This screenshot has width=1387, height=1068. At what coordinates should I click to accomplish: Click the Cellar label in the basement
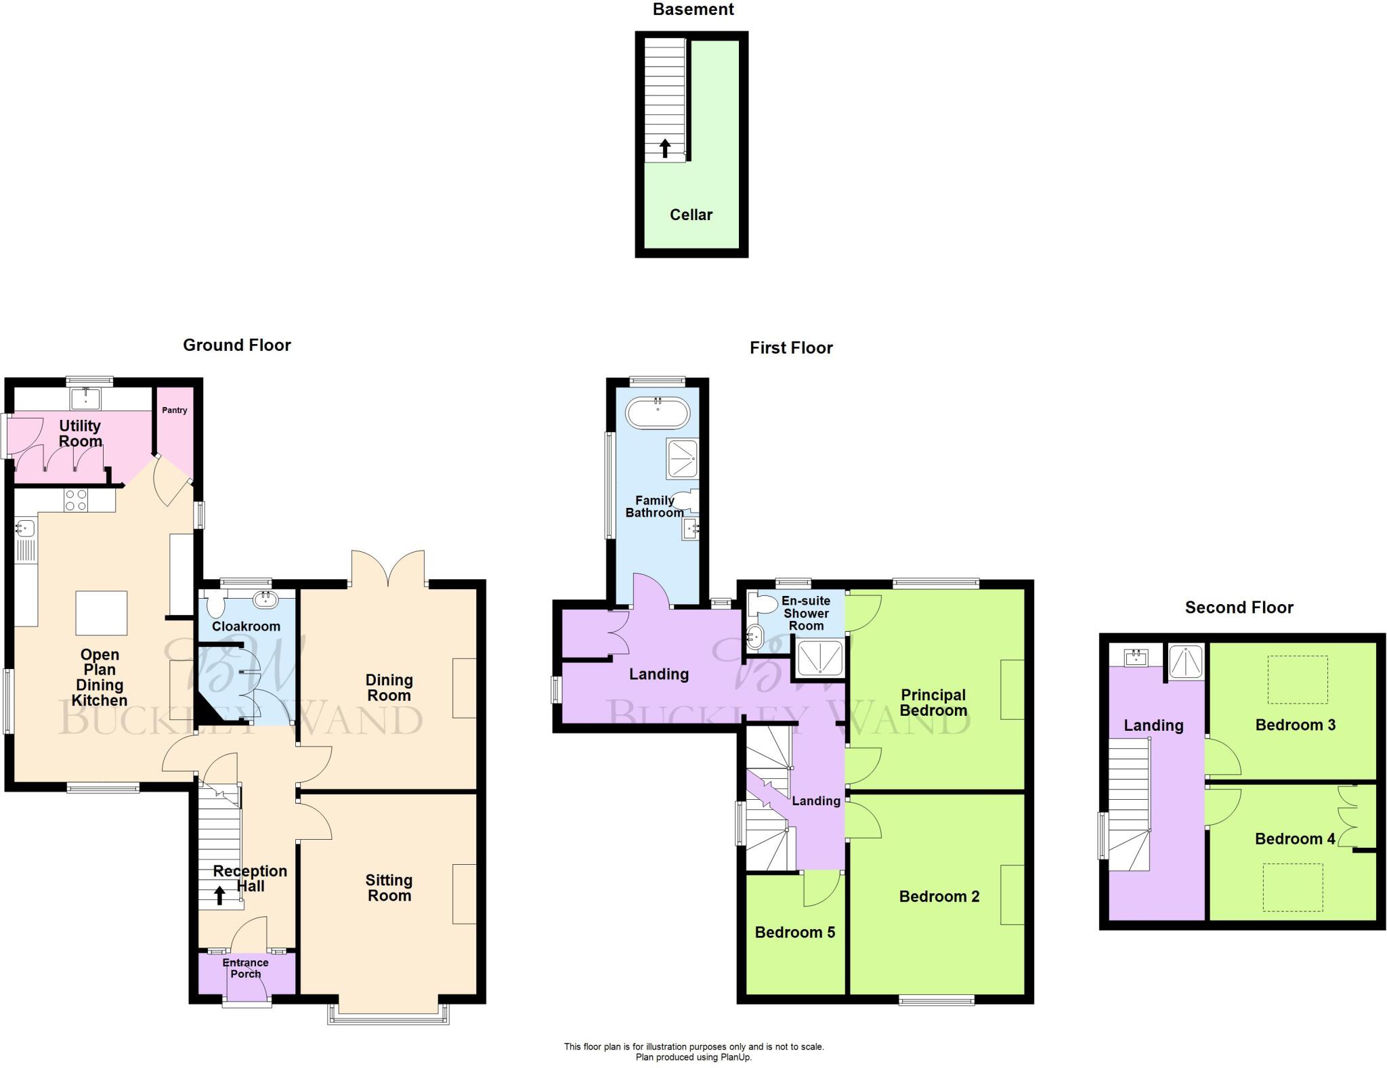pos(691,215)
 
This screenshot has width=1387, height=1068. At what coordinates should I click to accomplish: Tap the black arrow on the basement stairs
pos(665,148)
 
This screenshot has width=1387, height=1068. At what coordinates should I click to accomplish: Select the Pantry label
pos(174,410)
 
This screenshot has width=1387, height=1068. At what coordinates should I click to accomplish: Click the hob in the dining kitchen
pos(75,500)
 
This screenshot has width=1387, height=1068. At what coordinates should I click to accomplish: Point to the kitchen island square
pos(101,613)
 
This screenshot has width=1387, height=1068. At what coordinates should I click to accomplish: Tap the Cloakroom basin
pos(265,599)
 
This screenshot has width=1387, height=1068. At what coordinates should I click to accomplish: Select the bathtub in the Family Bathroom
pos(657,412)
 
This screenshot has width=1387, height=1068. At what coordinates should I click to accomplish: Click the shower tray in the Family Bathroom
pos(682,458)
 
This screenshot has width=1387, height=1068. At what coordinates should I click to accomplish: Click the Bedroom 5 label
pos(794,933)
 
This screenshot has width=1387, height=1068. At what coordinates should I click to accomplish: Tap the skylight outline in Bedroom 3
pos(1297,680)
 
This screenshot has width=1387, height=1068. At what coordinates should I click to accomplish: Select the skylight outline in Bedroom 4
pos(1292,887)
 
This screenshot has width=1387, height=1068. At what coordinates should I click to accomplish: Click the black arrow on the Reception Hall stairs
pos(219,895)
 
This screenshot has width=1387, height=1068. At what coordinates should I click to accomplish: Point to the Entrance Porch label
pos(245,968)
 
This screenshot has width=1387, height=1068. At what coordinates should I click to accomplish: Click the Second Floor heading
pos(1239,607)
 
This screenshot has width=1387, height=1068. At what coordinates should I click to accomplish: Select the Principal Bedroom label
pos(933,702)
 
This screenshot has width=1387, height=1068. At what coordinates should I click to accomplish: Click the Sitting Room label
pos(389,888)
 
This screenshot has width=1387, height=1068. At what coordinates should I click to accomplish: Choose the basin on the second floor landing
pos(1135,657)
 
